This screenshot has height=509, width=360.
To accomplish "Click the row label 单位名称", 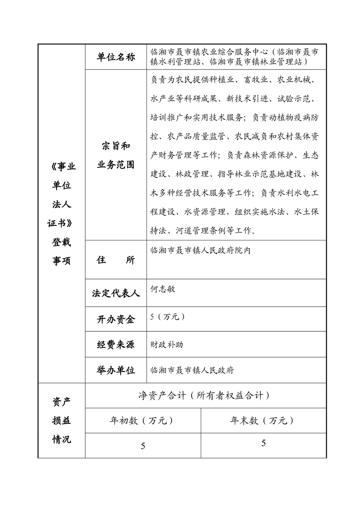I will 116,57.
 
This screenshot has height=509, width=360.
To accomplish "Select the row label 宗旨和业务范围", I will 116,155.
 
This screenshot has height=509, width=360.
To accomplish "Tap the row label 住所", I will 116,260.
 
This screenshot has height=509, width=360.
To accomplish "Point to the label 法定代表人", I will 116,294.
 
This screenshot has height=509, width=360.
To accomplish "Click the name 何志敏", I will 162,289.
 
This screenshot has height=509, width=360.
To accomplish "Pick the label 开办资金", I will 116,319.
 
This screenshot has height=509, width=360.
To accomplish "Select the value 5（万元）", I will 168,317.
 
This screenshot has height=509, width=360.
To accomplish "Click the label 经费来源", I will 116,344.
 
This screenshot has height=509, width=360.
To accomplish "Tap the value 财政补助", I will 167,344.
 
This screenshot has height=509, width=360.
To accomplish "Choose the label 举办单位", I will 116,370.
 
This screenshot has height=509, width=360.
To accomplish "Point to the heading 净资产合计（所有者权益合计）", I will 204,396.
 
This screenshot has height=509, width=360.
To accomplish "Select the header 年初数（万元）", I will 142,421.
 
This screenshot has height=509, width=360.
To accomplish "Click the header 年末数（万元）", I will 263,421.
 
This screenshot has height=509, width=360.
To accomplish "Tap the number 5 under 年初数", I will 143,446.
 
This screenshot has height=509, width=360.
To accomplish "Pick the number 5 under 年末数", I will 263,443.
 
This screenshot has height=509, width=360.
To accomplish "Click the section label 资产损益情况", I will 62,421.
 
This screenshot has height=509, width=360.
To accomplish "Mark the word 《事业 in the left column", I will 62,167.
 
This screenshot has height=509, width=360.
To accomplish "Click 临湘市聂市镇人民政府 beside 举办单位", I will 192,370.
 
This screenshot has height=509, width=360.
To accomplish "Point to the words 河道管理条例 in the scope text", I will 200,231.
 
